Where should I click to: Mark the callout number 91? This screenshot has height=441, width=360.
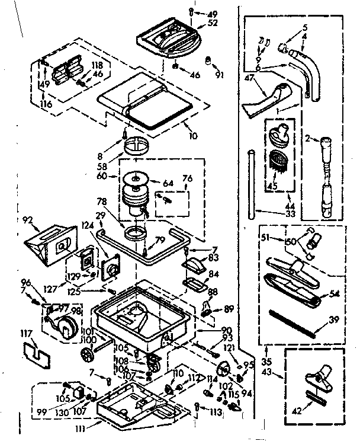click(220, 75)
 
